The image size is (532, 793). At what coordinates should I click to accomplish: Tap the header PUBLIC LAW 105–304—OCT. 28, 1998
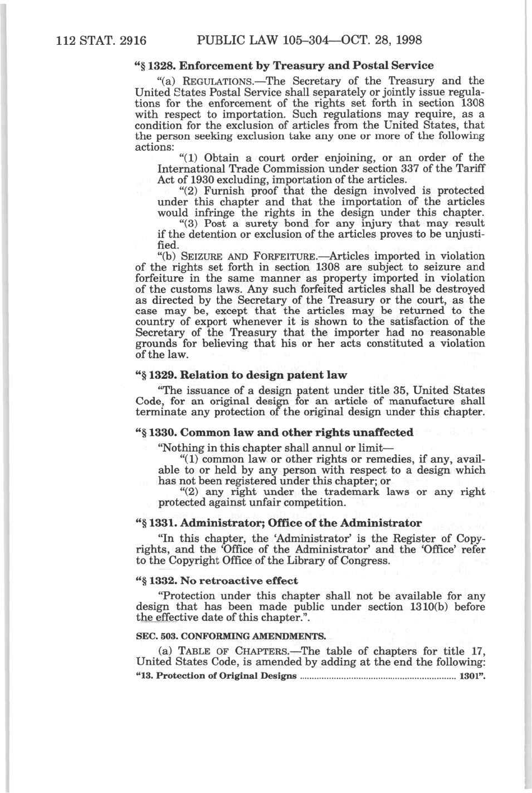(309, 40)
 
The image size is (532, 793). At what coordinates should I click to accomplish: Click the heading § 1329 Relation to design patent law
(242, 374)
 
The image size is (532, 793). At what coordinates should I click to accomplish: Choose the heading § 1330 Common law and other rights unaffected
(275, 432)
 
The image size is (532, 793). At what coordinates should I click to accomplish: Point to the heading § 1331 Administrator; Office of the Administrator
(279, 523)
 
